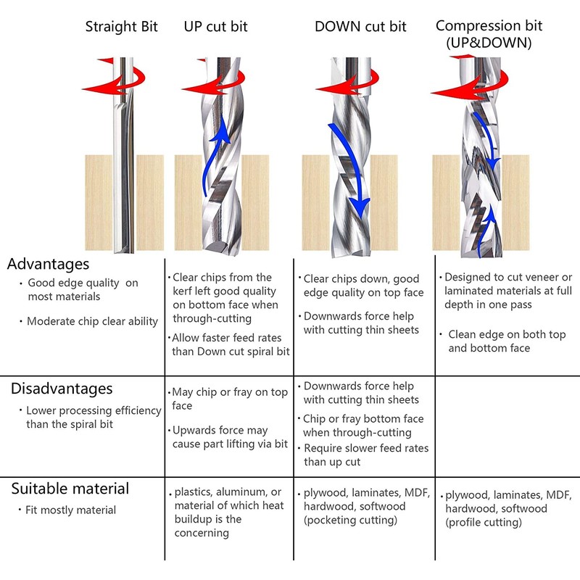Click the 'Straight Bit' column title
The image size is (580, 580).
pyautogui.click(x=121, y=27)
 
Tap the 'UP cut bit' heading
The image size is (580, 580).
pyautogui.click(x=215, y=27)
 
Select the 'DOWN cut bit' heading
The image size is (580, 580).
pyautogui.click(x=360, y=27)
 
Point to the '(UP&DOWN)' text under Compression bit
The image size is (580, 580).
pyautogui.click(x=489, y=43)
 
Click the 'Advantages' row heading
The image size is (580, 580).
pyautogui.click(x=48, y=264)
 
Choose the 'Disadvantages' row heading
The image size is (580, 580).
pyautogui.click(x=62, y=389)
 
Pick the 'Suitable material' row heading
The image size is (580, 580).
pyautogui.click(x=70, y=489)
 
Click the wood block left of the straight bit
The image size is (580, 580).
pyautogui.click(x=99, y=203)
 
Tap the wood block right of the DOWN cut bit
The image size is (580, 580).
pyautogui.click(x=384, y=203)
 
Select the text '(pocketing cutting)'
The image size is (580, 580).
pyautogui.click(x=350, y=520)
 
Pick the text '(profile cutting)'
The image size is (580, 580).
pyautogui.click(x=484, y=522)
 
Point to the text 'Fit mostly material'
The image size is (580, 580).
pyautogui.click(x=70, y=510)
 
